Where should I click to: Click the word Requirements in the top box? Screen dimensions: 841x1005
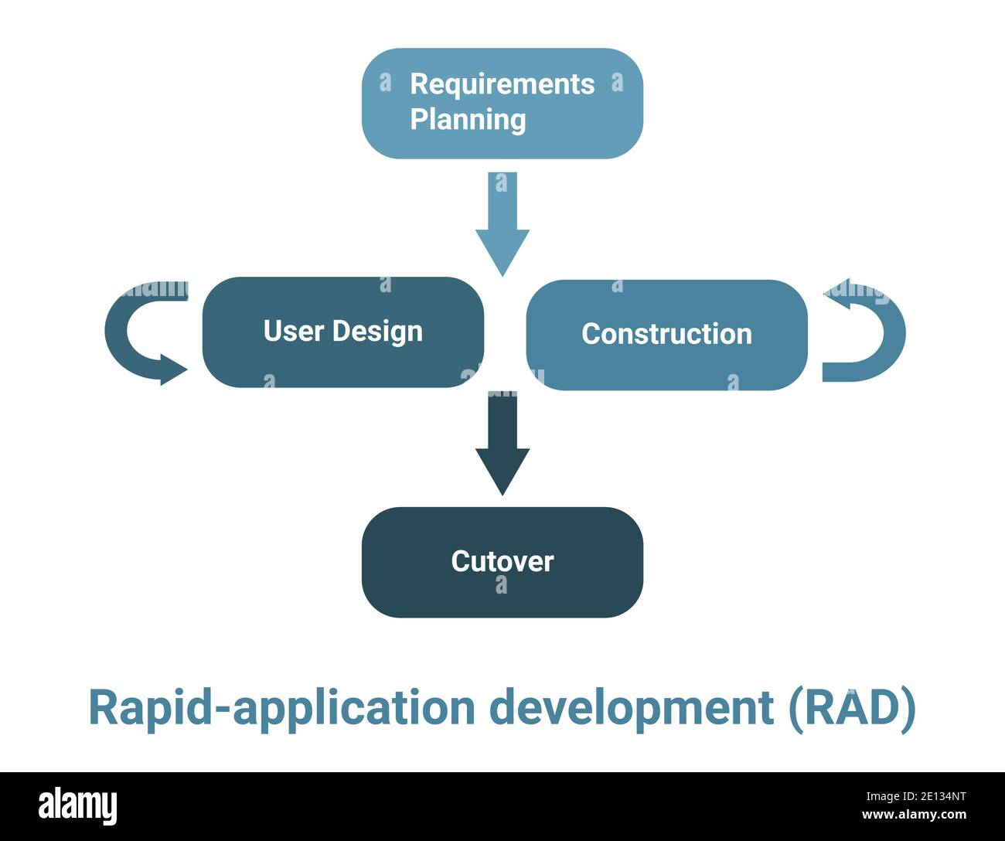pyautogui.click(x=502, y=84)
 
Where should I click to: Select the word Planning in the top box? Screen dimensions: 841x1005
pyautogui.click(x=468, y=120)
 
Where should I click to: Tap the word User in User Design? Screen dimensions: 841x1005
pyautogui.click(x=293, y=331)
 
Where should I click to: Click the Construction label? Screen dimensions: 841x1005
pyautogui.click(x=666, y=334)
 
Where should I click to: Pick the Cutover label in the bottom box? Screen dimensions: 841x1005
pyautogui.click(x=502, y=561)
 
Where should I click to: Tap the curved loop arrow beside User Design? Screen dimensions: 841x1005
pyautogui.click(x=124, y=332)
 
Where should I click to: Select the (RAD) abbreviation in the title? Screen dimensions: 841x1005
pyautogui.click(x=852, y=708)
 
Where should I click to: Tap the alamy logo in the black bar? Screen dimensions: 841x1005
pyautogui.click(x=78, y=805)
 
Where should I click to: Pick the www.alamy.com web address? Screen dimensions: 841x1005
pyautogui.click(x=914, y=815)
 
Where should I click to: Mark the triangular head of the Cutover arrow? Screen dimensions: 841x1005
pyautogui.click(x=502, y=472)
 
